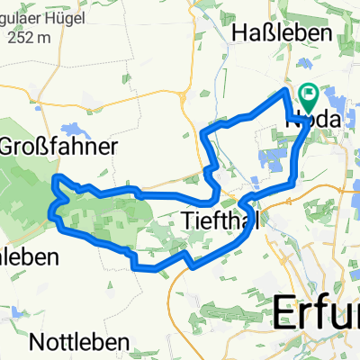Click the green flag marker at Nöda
[x=309, y=93]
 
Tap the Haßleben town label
[x=283, y=32]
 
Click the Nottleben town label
[x=78, y=342]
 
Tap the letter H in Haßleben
[x=240, y=32]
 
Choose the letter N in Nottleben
[x=36, y=342]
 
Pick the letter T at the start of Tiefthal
[x=187, y=218]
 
